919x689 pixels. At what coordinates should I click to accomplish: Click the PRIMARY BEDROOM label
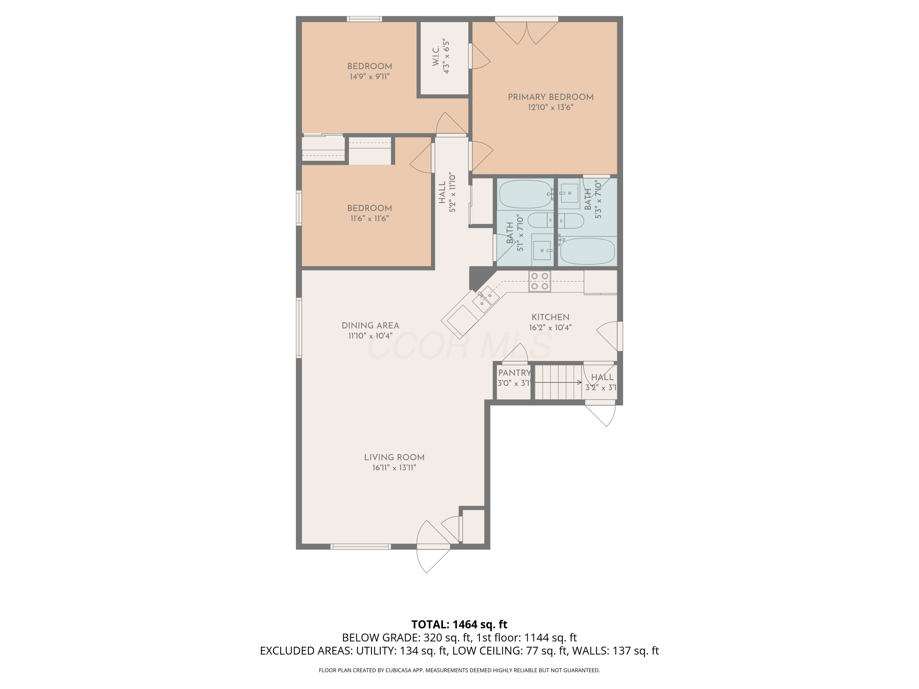tap(550, 97)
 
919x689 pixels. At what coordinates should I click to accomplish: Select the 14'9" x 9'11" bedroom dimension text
tap(369, 77)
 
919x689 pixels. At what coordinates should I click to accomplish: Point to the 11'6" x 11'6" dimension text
tap(369, 218)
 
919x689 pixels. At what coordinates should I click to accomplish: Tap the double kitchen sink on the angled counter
tap(485, 301)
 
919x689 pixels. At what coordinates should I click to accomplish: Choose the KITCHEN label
tap(550, 317)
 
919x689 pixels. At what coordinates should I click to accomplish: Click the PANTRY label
tap(514, 373)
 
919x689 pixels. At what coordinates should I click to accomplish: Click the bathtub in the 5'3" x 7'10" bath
tap(587, 251)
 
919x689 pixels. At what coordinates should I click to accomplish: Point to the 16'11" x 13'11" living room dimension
tap(394, 468)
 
